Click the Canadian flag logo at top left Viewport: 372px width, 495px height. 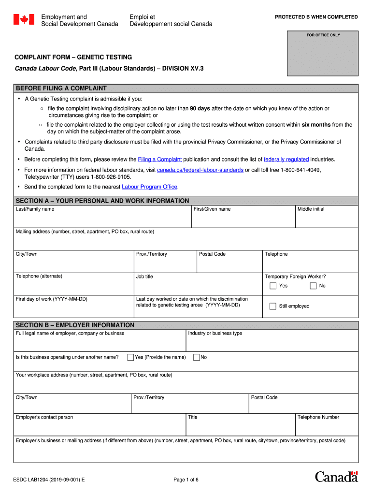[24, 20]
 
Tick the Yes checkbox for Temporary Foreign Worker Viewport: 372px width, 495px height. [273, 286]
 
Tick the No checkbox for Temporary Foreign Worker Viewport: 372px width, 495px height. [313, 286]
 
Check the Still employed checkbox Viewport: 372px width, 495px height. [273, 306]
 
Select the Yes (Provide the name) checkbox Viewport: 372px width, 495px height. [130, 357]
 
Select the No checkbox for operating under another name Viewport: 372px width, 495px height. [197, 357]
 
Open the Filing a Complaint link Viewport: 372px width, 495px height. [159, 159]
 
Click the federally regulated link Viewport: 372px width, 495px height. [286, 159]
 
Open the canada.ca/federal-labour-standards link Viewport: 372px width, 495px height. [200, 170]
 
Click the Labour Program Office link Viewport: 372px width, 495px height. [149, 187]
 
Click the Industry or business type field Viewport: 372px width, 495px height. [272, 344]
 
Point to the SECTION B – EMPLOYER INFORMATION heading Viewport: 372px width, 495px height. [75, 325]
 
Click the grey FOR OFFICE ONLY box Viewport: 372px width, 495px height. [323, 53]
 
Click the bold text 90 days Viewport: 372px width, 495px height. [200, 109]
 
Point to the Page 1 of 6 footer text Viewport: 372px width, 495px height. [186, 480]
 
